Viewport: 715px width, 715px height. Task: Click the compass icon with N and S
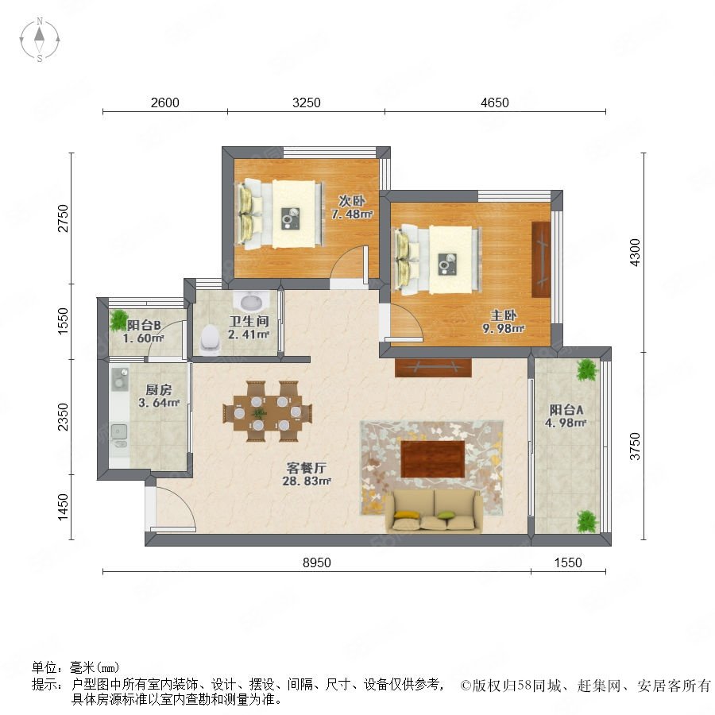click(40, 39)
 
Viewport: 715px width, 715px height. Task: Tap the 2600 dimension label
click(165, 102)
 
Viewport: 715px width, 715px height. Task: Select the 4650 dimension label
click(495, 102)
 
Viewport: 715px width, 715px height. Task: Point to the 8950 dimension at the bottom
click(317, 562)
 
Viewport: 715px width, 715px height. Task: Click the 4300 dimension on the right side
click(635, 252)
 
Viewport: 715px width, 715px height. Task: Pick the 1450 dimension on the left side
click(63, 507)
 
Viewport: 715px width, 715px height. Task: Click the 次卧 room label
click(352, 201)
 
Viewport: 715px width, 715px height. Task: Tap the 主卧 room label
click(504, 315)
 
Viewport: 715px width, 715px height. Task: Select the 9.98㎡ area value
click(504, 328)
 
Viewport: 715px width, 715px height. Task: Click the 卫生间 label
click(249, 321)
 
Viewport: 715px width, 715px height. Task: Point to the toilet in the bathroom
click(210, 340)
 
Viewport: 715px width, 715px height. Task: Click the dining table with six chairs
click(268, 412)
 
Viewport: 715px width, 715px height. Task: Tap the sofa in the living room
click(434, 511)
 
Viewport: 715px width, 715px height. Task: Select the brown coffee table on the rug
click(433, 458)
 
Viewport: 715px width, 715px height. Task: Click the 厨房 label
click(159, 390)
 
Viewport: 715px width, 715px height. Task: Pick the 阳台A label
click(566, 409)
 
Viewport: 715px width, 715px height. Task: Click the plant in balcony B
click(119, 319)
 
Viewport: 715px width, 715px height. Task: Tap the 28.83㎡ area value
click(307, 481)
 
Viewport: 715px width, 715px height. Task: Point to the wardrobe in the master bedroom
click(541, 260)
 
